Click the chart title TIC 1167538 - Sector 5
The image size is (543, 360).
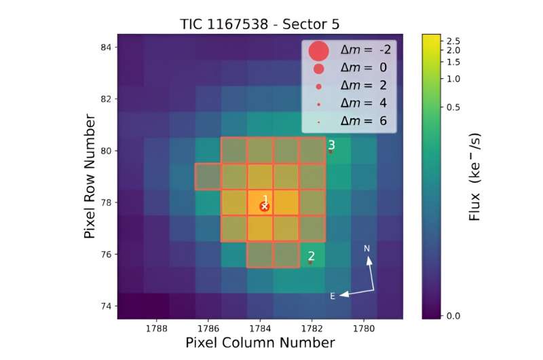261,24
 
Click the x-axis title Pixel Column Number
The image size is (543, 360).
260,342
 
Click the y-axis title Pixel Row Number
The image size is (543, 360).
90,177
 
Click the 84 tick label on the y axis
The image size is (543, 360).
105,47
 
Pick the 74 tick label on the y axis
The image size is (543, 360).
105,306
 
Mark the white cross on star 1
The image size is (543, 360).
265,206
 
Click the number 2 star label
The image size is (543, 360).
311,256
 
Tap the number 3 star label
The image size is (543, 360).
331,145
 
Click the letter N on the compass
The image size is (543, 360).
367,249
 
